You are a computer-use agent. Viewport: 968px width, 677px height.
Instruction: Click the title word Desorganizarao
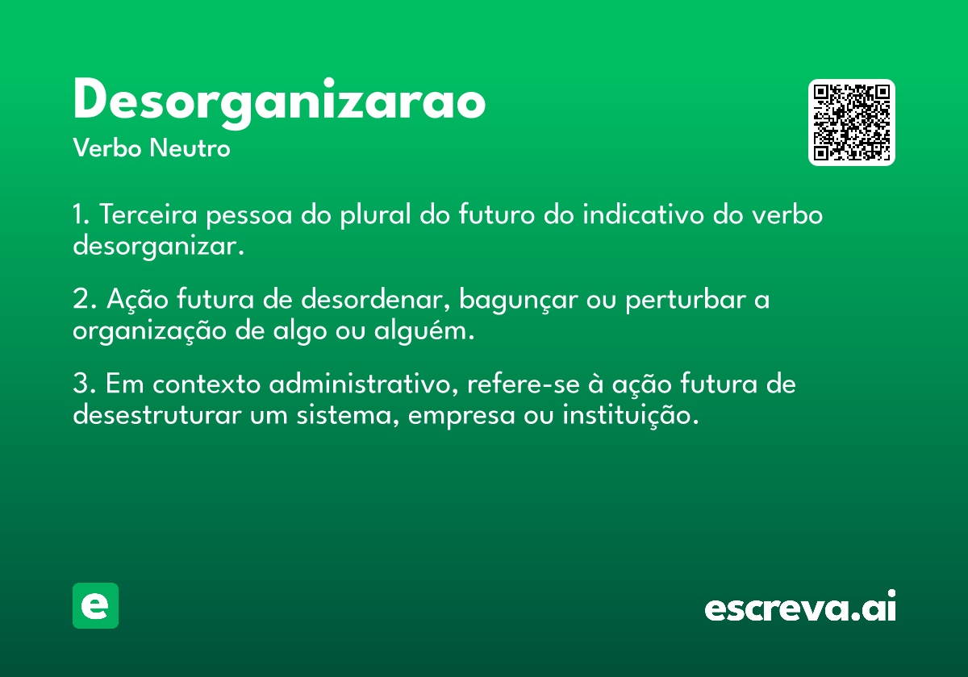tap(280, 102)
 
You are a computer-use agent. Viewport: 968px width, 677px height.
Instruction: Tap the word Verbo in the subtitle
tap(107, 148)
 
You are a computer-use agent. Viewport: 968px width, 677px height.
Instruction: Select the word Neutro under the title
tap(190, 148)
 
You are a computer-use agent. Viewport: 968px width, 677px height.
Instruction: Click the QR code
tap(851, 123)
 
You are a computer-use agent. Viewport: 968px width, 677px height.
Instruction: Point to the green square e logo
tap(95, 605)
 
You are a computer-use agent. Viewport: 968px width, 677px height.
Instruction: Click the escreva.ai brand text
tap(800, 606)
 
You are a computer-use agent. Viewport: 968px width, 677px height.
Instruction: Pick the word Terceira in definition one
tap(148, 214)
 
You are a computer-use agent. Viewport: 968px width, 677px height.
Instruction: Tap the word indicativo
tap(644, 214)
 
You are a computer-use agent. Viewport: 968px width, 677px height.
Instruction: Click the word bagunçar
tap(518, 299)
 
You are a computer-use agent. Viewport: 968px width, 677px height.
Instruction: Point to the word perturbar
tap(686, 299)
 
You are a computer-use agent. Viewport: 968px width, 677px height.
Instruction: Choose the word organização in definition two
tap(149, 331)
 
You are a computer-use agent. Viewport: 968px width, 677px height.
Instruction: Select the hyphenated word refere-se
tap(524, 384)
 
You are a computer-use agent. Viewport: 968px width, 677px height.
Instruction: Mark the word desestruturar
tap(156, 415)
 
